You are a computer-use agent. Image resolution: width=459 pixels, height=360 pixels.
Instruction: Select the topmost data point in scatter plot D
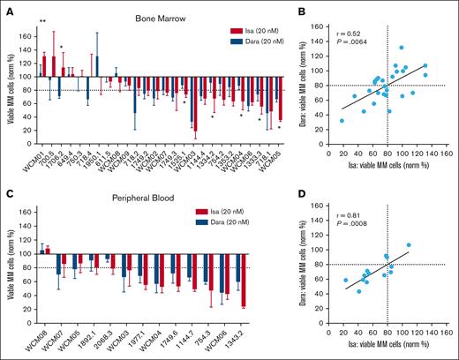(x=408, y=244)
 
